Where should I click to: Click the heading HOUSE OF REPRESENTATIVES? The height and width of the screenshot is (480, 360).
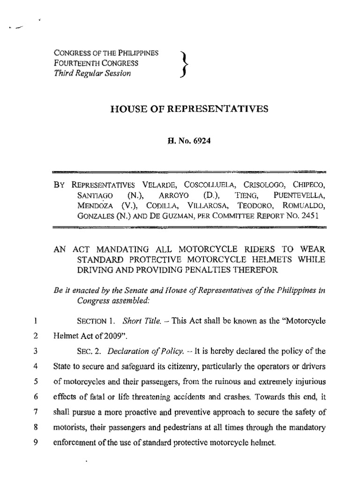pos(189,109)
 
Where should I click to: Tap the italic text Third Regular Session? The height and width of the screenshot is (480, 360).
pos(93,74)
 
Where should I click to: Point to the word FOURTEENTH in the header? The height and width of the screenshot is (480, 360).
pos(76,63)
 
